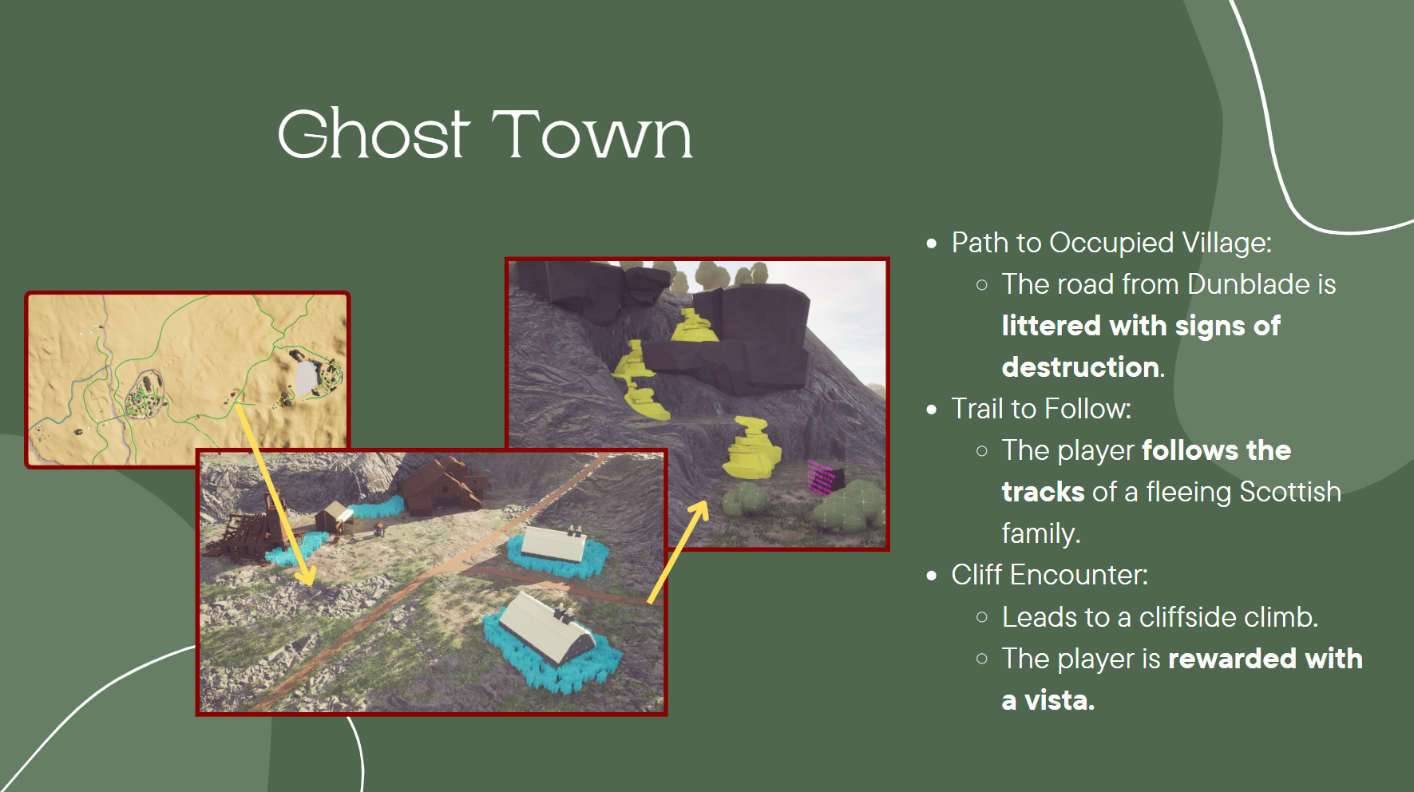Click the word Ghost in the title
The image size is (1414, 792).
[x=373, y=134]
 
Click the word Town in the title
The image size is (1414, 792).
[x=592, y=134]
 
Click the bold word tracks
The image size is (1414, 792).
[x=1043, y=492]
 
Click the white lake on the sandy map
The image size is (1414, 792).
[x=306, y=376]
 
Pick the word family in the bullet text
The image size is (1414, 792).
[x=1040, y=533]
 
